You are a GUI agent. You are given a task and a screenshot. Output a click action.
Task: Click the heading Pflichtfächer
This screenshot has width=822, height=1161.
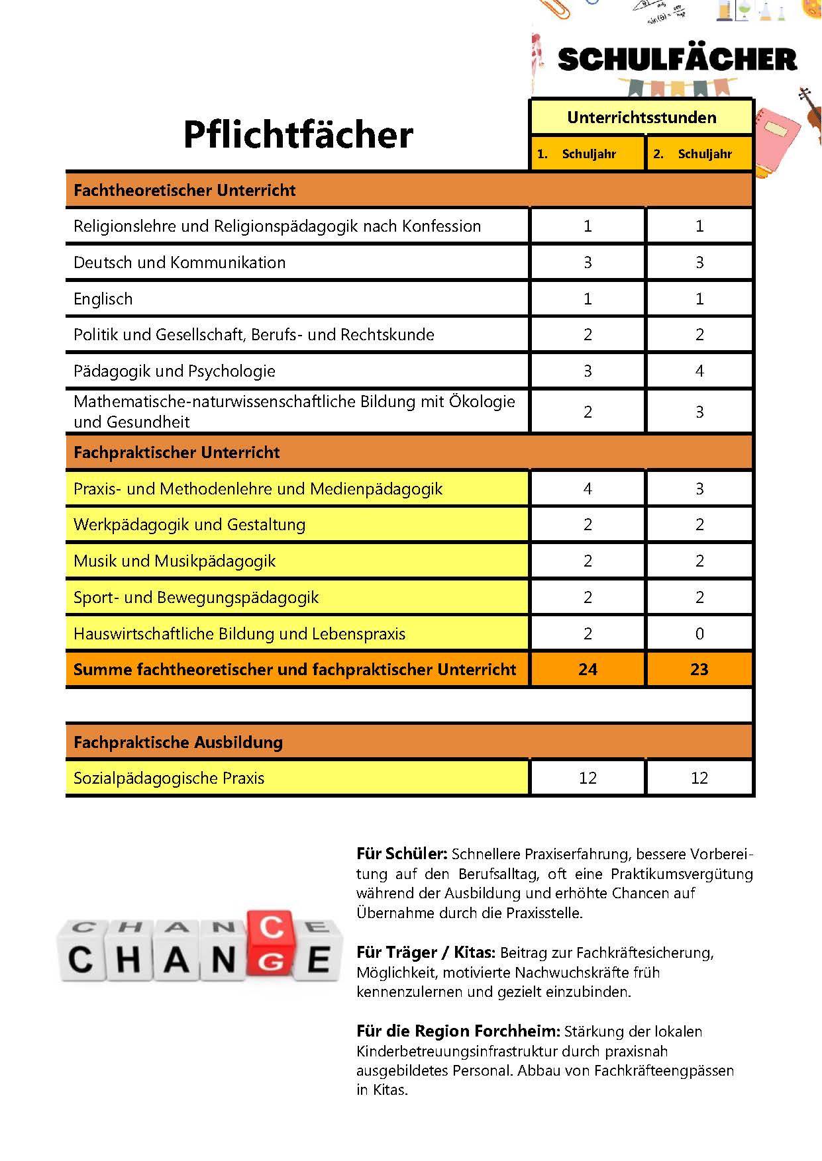click(x=298, y=135)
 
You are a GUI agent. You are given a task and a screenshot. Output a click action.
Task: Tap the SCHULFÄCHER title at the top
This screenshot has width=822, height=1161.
click(x=677, y=60)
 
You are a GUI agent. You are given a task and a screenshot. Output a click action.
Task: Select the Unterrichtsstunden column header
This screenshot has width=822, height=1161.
click(x=641, y=118)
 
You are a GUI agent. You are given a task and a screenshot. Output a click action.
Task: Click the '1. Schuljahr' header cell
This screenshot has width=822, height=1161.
click(x=587, y=154)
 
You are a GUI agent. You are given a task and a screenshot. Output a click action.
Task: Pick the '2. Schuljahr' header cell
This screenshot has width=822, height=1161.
click(x=699, y=154)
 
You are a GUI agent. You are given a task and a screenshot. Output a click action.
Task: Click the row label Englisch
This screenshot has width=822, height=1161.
click(x=103, y=299)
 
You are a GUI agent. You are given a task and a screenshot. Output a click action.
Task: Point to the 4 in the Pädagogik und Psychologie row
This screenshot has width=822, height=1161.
click(x=699, y=371)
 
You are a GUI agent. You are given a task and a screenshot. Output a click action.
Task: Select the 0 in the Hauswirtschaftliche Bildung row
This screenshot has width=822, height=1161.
click(x=699, y=634)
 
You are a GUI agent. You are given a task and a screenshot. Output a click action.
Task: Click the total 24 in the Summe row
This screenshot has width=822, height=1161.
click(x=588, y=670)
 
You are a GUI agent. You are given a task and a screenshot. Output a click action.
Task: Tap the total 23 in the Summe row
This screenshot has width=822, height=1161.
click(x=699, y=670)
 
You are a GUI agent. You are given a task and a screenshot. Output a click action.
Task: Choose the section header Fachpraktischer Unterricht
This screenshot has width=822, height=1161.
click(x=177, y=453)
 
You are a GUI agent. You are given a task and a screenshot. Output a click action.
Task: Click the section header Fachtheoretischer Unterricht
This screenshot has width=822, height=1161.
click(x=185, y=191)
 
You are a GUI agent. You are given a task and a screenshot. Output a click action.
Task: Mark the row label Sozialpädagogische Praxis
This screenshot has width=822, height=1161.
click(x=169, y=778)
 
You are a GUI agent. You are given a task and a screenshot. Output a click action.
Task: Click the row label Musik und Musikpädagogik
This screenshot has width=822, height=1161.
click(x=175, y=561)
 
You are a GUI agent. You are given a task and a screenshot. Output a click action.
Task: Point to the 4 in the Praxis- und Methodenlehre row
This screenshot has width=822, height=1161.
click(x=588, y=489)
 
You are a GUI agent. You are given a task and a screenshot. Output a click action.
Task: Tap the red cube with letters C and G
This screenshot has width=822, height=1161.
click(x=270, y=943)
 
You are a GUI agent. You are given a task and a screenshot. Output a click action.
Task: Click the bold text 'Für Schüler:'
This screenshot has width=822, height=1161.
click(x=402, y=854)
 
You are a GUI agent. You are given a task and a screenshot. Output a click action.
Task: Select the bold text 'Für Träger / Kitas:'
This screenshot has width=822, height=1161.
click(x=426, y=953)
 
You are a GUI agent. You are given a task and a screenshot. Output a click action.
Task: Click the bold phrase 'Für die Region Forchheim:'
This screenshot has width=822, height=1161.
click(x=458, y=1031)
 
